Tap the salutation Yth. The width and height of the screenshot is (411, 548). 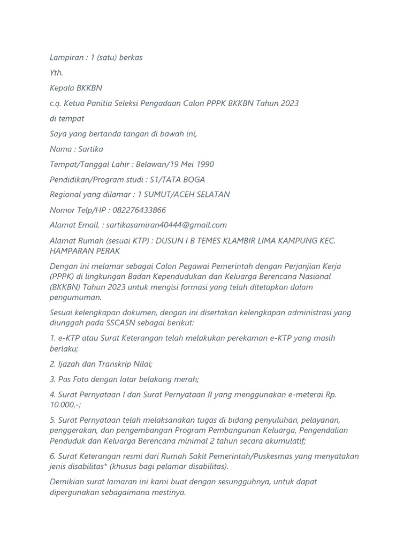(x=56, y=73)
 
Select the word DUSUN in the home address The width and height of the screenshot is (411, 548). (x=171, y=241)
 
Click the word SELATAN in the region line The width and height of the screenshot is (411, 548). (x=212, y=195)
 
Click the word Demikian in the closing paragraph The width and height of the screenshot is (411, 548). (x=67, y=482)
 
